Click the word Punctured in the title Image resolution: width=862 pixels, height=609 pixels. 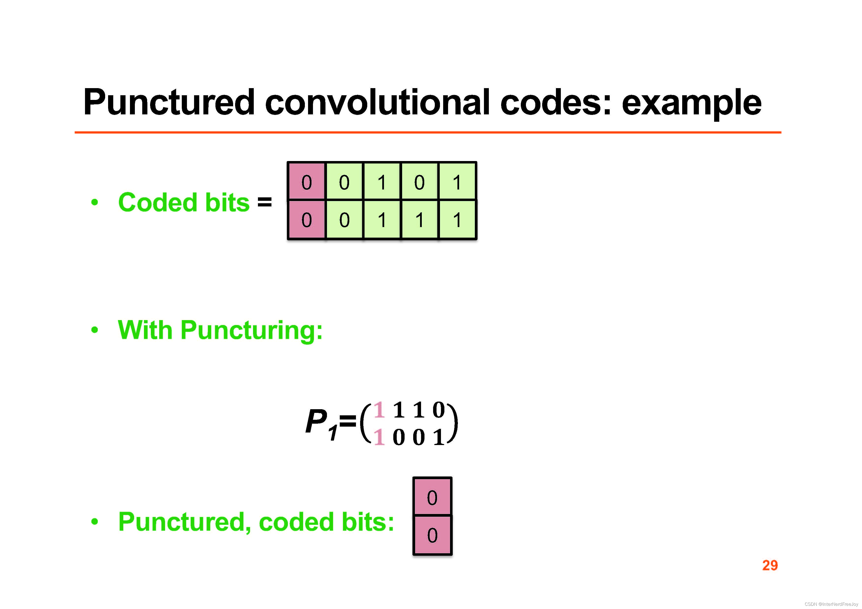169,102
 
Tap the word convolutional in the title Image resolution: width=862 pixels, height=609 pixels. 378,102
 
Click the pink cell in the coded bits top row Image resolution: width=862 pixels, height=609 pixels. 306,182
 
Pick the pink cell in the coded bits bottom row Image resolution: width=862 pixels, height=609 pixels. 306,219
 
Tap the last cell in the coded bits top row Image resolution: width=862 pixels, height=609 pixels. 457,182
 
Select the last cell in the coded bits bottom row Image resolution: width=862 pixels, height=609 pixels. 457,219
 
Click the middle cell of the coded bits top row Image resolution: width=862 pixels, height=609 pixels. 382,182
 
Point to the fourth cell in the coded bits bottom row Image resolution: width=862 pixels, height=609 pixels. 419,219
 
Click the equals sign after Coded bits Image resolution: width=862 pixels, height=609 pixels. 264,202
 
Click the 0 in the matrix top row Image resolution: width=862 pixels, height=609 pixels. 438,409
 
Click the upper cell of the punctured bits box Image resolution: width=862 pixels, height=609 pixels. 432,497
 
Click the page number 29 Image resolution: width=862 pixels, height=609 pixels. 770,565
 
